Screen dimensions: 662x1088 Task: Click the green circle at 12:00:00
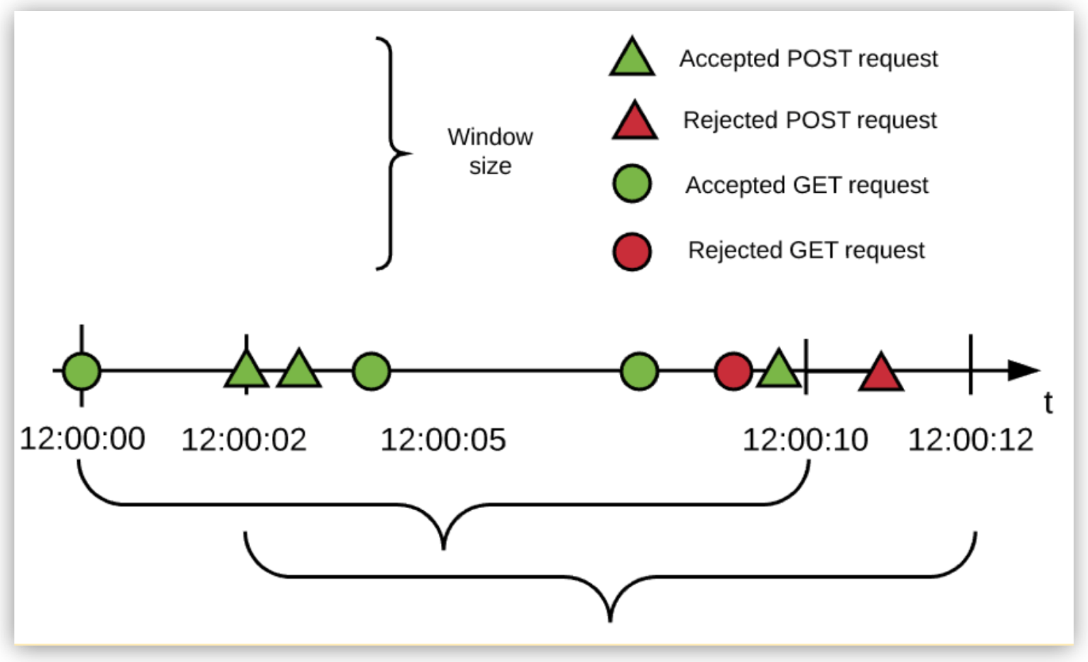pos(82,371)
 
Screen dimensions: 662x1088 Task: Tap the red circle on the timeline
pos(733,371)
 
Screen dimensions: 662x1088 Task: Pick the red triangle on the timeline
pos(881,375)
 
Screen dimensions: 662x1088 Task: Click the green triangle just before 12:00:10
pos(778,371)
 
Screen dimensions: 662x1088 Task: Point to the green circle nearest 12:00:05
pos(371,371)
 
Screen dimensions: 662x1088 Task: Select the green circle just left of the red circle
pos(639,371)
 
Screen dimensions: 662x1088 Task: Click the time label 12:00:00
pos(82,438)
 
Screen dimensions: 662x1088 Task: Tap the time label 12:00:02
pos(243,440)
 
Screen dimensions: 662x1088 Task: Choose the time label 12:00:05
pos(443,440)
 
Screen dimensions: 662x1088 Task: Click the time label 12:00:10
pos(805,440)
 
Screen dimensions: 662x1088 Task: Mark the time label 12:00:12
pos(970,440)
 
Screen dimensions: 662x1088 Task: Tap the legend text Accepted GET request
pos(806,185)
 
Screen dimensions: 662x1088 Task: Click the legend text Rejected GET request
pos(806,250)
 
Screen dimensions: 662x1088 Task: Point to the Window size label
pos(490,151)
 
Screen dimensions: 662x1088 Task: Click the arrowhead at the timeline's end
pos(1023,371)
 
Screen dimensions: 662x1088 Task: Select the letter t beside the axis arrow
pos(1048,403)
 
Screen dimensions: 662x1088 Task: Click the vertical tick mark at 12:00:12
pos(970,364)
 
